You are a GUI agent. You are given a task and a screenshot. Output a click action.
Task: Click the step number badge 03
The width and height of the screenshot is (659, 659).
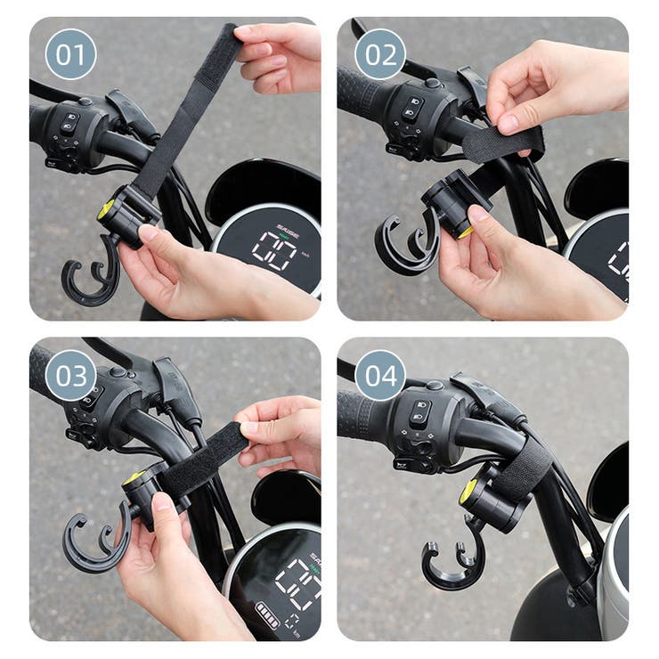pos(70,375)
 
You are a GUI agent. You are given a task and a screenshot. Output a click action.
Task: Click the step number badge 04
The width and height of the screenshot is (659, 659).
pos(380,375)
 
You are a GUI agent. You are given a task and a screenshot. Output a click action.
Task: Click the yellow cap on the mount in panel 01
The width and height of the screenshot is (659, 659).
pos(106,210)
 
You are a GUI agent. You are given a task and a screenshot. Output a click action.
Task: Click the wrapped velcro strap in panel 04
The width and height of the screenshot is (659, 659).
pos(525,468)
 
